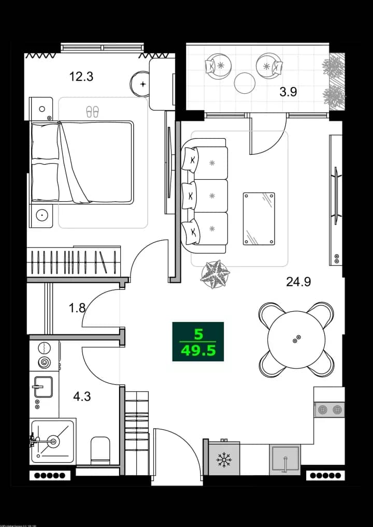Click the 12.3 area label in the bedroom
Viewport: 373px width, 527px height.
81,77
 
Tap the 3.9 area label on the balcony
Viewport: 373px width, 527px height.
288,92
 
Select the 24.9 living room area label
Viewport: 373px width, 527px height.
299,282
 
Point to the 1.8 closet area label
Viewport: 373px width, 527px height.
77,309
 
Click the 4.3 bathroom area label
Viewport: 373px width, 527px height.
81,397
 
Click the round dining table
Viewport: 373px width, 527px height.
296,340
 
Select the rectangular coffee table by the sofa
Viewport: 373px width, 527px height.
259,218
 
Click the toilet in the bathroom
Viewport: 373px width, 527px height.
100,450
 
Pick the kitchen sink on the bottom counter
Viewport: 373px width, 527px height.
285,458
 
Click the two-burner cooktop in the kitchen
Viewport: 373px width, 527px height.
329,409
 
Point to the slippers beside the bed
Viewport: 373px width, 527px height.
92,111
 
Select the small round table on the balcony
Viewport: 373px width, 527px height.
245,82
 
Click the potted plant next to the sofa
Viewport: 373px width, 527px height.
215,273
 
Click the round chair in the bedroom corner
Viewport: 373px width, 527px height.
141,83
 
